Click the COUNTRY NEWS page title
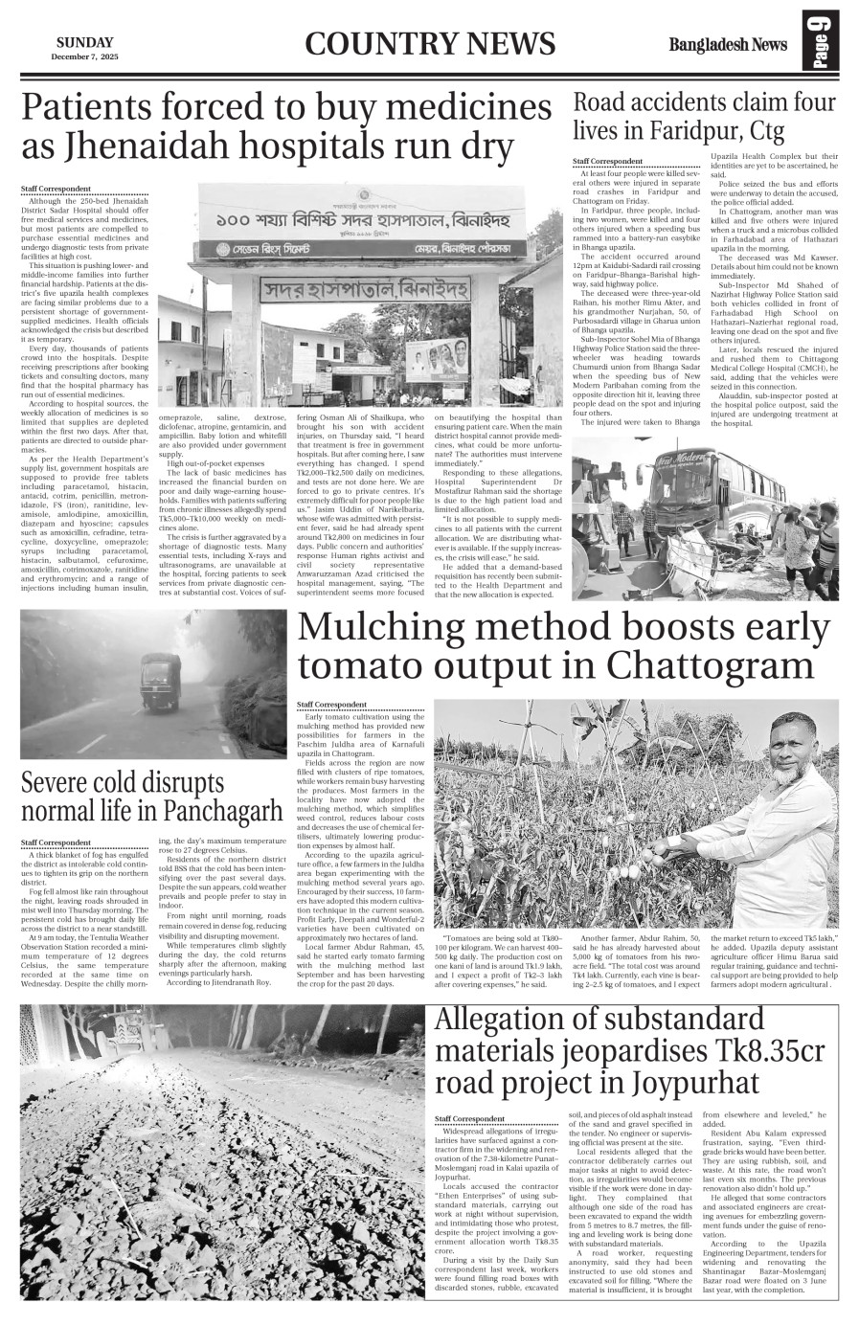(x=430, y=44)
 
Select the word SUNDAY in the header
(x=84, y=42)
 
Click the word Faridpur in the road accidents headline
(x=691, y=129)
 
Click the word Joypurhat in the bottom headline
(x=695, y=1083)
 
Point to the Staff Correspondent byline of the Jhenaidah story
(x=57, y=189)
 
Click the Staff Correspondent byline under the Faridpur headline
(x=607, y=162)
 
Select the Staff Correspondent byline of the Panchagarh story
(x=57, y=842)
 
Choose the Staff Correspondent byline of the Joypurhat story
(x=469, y=1118)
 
